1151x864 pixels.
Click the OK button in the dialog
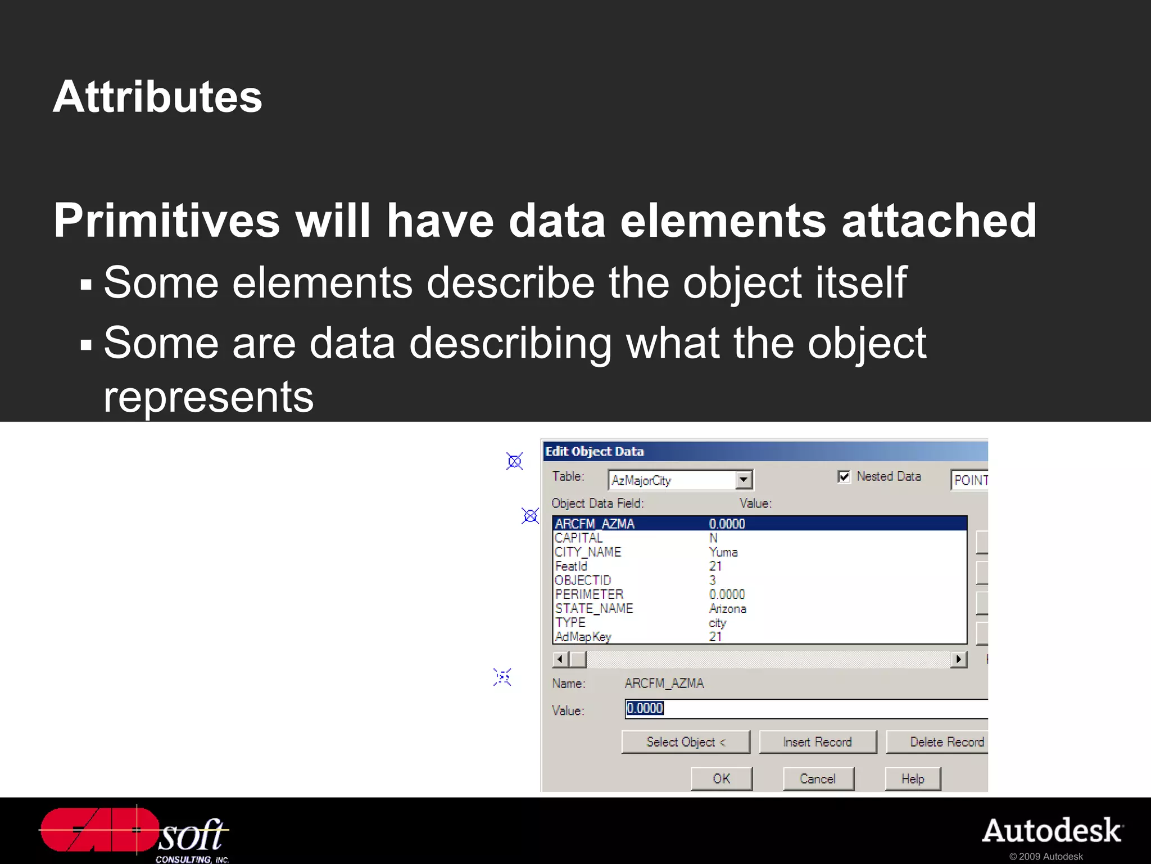tap(721, 778)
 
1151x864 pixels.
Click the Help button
tap(912, 778)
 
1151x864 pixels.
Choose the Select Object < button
tap(686, 742)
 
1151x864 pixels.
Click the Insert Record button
tap(818, 742)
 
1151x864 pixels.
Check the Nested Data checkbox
tap(844, 476)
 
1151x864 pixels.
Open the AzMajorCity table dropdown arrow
tap(744, 480)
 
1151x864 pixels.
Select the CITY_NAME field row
tap(588, 552)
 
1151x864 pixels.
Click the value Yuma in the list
tap(723, 552)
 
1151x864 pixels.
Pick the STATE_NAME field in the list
tap(594, 608)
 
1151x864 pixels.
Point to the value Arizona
tap(728, 608)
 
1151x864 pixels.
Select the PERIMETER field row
tap(590, 594)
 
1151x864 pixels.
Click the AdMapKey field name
tap(583, 636)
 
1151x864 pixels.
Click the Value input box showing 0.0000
tap(804, 708)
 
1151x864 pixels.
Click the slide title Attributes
tap(157, 97)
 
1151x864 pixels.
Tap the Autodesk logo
tap(1052, 831)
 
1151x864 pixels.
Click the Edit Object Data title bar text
tap(595, 451)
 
